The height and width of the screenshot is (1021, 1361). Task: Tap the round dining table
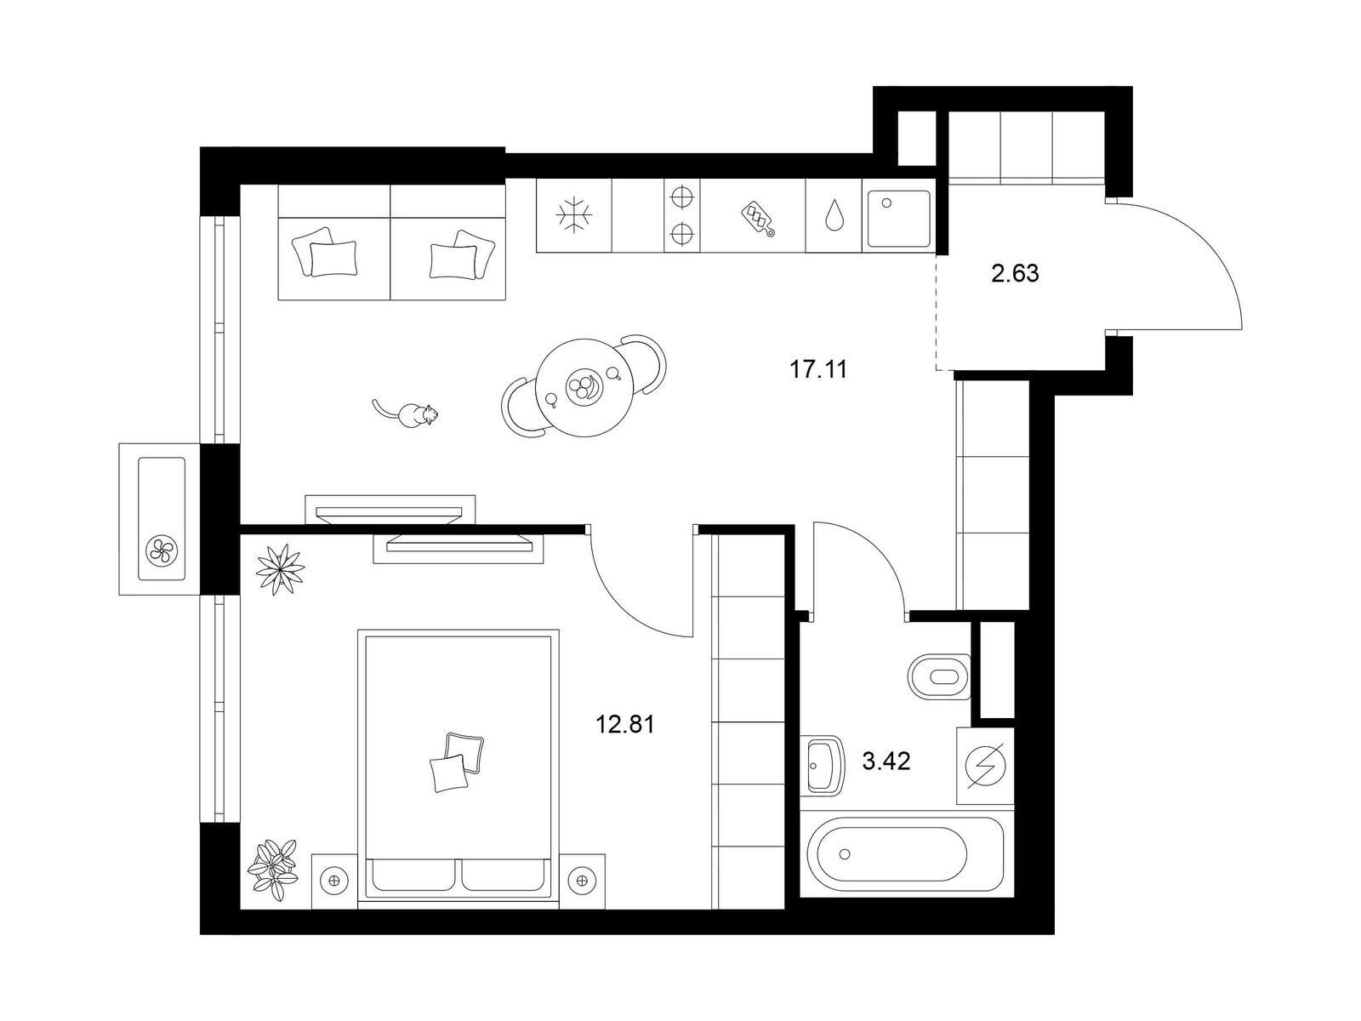pyautogui.click(x=584, y=388)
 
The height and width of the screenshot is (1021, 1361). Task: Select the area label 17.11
pyautogui.click(x=817, y=369)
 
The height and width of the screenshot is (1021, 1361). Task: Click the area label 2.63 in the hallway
pyautogui.click(x=1015, y=273)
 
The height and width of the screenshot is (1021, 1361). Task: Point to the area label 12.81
pyautogui.click(x=625, y=723)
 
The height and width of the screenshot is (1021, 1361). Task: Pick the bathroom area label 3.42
pyautogui.click(x=886, y=761)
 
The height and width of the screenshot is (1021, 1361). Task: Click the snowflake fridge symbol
pyautogui.click(x=574, y=215)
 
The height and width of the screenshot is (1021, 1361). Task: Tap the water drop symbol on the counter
pyautogui.click(x=833, y=214)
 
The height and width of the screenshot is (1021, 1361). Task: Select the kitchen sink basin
pyautogui.click(x=898, y=218)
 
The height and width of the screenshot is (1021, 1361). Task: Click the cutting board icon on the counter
pyautogui.click(x=758, y=219)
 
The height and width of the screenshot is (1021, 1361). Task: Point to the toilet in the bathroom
pyautogui.click(x=939, y=676)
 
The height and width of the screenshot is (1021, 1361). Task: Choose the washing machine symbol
pyautogui.click(x=985, y=767)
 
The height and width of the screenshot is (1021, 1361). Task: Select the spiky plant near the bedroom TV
pyautogui.click(x=281, y=568)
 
